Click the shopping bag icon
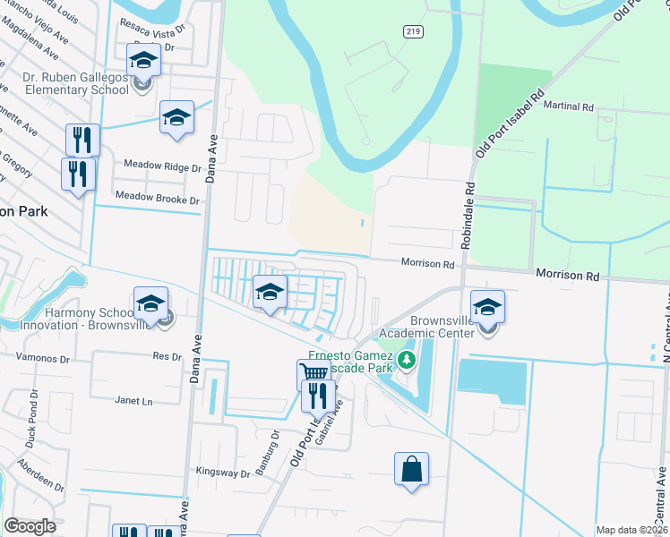click(411, 468)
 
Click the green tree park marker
click(408, 361)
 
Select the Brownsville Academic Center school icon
click(487, 306)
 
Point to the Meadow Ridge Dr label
click(162, 166)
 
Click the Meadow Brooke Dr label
click(157, 197)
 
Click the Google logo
click(30, 526)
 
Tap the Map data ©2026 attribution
click(631, 530)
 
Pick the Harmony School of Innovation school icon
click(150, 303)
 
